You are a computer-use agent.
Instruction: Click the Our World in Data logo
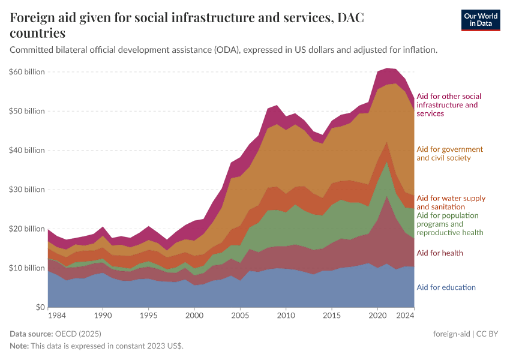pos(480,20)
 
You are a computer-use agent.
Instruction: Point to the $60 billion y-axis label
pos(27,72)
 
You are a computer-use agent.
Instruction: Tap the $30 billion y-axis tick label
pos(27,190)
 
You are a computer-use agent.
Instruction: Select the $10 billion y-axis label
pos(27,268)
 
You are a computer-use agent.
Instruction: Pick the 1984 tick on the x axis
pos(57,315)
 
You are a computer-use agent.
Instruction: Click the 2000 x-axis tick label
pos(194,315)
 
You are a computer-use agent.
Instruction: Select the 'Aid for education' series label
pos(446,287)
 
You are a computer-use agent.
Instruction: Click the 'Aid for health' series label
pos(439,253)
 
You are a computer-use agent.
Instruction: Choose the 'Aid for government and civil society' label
pos(449,154)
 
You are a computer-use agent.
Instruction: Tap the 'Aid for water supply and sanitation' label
pos(451,202)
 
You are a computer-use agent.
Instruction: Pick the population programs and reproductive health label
pos(449,224)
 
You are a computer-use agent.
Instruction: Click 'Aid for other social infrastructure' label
pos(448,104)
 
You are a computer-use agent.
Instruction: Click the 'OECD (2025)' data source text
pos(77,334)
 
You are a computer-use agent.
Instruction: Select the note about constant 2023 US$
pos(97,346)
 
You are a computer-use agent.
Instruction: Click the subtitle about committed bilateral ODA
pos(223,50)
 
